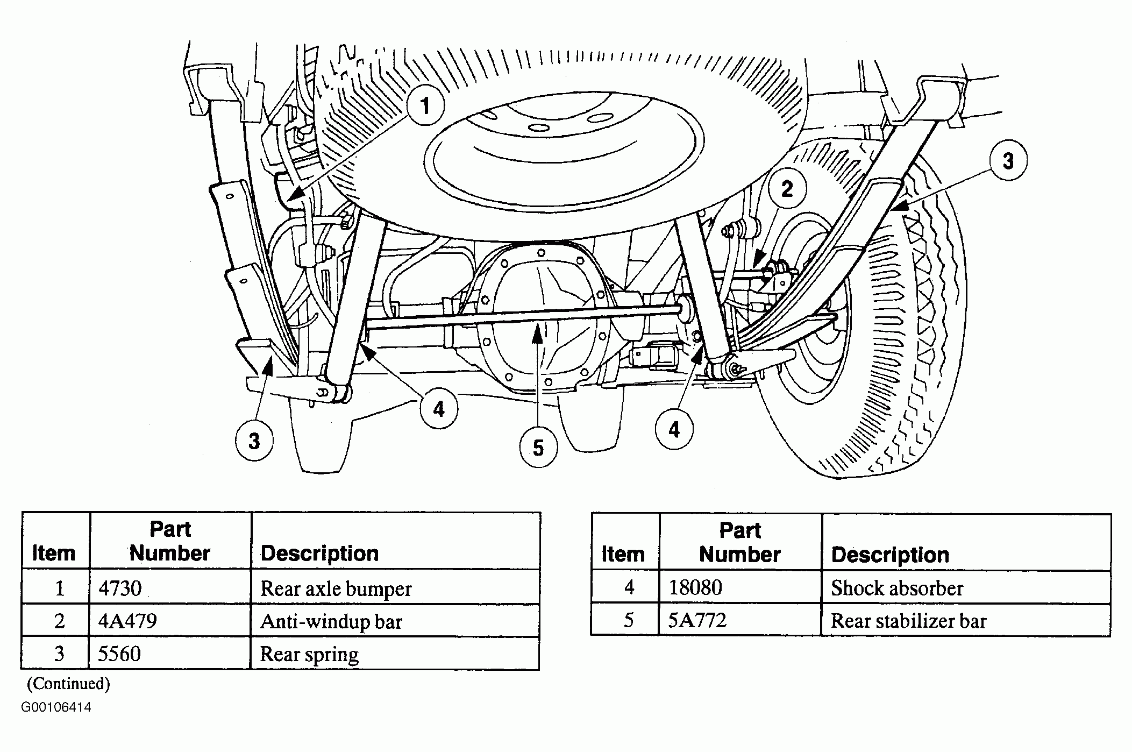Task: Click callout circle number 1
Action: [x=425, y=105]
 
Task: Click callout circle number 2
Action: [x=787, y=188]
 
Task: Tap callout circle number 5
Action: [x=538, y=448]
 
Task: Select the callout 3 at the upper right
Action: [x=1008, y=160]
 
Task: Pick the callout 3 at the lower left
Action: [x=254, y=441]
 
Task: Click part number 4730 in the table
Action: [x=119, y=588]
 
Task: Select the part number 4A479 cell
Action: [x=127, y=621]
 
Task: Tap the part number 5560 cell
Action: [x=119, y=654]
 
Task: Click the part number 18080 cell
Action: [x=695, y=587]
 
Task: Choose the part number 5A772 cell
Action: [x=697, y=620]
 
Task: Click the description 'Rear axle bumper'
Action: [x=336, y=589]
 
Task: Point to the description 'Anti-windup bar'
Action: [x=331, y=622]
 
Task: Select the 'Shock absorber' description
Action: [x=897, y=588]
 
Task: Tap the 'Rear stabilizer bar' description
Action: [x=908, y=621]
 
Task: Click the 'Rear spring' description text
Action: [x=309, y=655]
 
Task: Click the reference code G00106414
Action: [x=56, y=707]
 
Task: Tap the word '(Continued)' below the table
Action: [x=68, y=684]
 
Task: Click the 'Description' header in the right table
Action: [x=890, y=555]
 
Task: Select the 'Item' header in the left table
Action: [x=54, y=553]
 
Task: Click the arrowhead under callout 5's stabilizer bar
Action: [x=536, y=335]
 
